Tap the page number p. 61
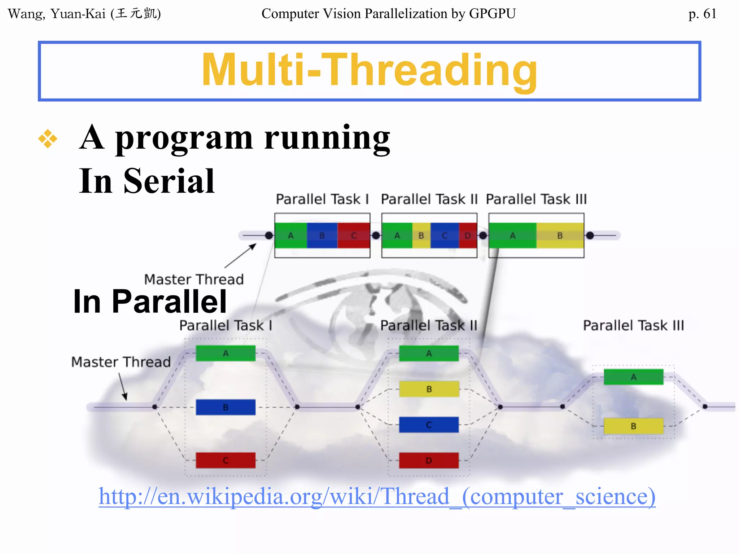[x=702, y=14]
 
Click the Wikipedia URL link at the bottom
[x=377, y=497]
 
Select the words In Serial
[x=147, y=181]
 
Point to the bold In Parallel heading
[x=150, y=302]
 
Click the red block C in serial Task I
[x=354, y=236]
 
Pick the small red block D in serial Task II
[x=468, y=236]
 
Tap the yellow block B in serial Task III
[x=560, y=236]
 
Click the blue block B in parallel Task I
[x=226, y=407]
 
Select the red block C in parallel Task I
[x=226, y=460]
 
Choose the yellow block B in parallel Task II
[x=429, y=389]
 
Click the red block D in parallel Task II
[x=429, y=460]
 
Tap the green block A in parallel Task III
[x=633, y=377]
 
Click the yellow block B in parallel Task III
[x=633, y=426]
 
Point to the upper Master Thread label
[x=194, y=280]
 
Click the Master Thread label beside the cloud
[x=121, y=362]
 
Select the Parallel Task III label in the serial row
[x=536, y=199]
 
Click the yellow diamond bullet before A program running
[x=48, y=138]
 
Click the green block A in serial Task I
[x=290, y=236]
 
